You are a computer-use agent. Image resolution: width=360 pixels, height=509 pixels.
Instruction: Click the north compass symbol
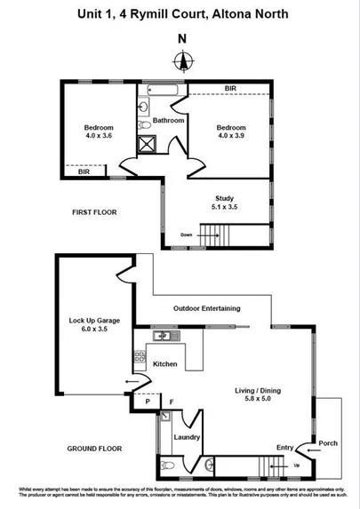coord(183,61)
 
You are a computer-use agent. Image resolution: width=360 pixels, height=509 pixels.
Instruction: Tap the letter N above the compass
coord(182,38)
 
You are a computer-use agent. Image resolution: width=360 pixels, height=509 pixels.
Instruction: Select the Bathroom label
coord(168,120)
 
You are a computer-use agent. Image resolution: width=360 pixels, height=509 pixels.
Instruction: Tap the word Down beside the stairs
coord(186,235)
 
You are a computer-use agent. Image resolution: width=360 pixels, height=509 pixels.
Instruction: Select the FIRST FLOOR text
coord(94,212)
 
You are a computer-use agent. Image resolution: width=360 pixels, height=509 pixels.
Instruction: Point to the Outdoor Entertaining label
coord(206,308)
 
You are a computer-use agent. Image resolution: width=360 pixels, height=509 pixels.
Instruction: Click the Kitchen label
coord(165,364)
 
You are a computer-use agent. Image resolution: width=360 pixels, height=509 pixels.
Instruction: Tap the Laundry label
coord(187,437)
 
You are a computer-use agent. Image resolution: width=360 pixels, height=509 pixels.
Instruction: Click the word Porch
coord(328,443)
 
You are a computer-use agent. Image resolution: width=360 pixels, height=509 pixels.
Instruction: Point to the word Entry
coord(284,447)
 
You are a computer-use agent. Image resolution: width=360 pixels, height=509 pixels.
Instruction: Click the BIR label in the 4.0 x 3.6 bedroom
coord(84,171)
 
